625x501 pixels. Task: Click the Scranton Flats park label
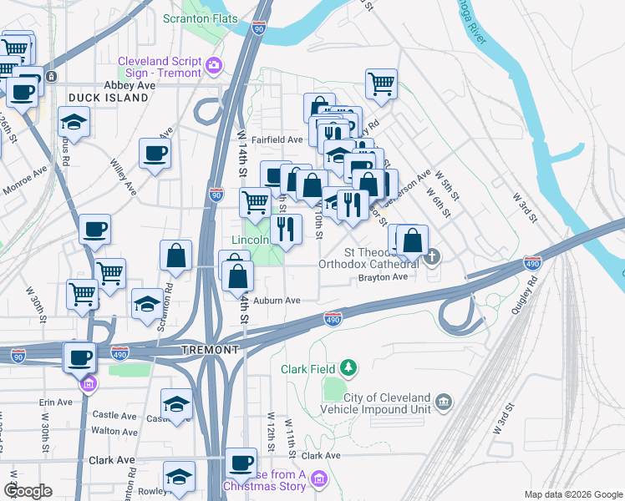click(x=200, y=18)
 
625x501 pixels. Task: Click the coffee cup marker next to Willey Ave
click(x=155, y=154)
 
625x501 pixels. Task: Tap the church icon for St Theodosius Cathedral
click(x=431, y=256)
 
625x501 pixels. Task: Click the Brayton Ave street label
click(x=382, y=277)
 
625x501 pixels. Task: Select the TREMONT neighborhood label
click(x=203, y=351)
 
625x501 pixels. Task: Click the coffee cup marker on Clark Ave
click(x=241, y=461)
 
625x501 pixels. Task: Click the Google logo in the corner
click(x=30, y=491)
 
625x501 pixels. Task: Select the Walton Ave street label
click(x=114, y=431)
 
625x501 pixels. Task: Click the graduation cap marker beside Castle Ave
click(x=176, y=404)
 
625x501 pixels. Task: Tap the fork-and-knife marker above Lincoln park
click(x=286, y=227)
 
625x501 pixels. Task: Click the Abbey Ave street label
click(x=130, y=85)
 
